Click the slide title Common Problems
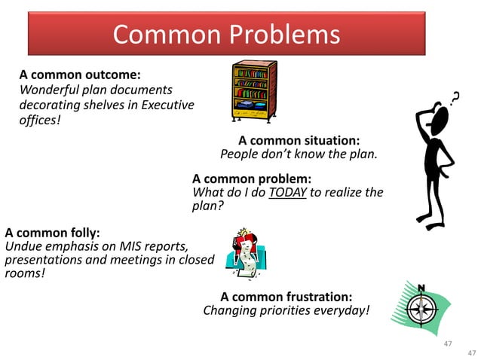point(226,34)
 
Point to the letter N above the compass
point(421,288)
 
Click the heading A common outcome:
point(81,75)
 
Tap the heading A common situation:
point(299,141)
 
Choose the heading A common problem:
point(252,179)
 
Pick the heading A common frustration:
point(286,297)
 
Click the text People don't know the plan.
point(298,154)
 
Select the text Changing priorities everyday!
point(286,310)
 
